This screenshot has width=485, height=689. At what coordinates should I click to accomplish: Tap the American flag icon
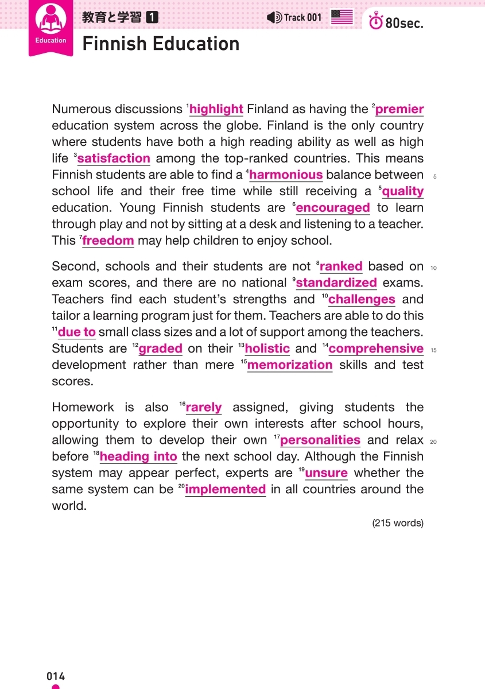tap(342, 17)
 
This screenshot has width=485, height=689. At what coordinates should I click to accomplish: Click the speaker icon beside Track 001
tap(274, 17)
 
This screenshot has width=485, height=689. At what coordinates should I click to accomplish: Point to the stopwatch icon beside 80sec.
tap(376, 22)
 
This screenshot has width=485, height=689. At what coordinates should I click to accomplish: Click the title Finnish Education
tap(161, 44)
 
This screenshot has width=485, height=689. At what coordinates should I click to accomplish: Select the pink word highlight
tap(216, 109)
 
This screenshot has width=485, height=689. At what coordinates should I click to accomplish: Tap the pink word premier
tap(399, 109)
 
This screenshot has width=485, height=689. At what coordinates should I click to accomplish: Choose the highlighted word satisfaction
tap(114, 158)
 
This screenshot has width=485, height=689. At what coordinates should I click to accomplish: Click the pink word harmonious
tap(286, 175)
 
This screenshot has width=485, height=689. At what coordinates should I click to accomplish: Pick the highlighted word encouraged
tap(333, 208)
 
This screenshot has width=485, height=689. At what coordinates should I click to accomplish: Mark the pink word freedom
tap(108, 241)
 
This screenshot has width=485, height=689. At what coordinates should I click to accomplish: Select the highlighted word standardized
tap(336, 282)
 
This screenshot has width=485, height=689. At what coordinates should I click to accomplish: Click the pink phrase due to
tap(77, 332)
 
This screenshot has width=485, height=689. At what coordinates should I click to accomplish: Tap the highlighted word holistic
tap(267, 349)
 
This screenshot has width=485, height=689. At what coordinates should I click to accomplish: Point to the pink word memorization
tap(290, 365)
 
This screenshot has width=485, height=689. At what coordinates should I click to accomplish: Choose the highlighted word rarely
tap(204, 408)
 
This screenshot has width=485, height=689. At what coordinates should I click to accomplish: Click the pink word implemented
tap(225, 490)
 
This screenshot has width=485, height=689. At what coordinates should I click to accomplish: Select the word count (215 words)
tap(398, 523)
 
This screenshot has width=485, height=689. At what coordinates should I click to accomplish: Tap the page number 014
tap(56, 676)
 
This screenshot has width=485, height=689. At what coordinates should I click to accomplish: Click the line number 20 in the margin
tap(433, 442)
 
